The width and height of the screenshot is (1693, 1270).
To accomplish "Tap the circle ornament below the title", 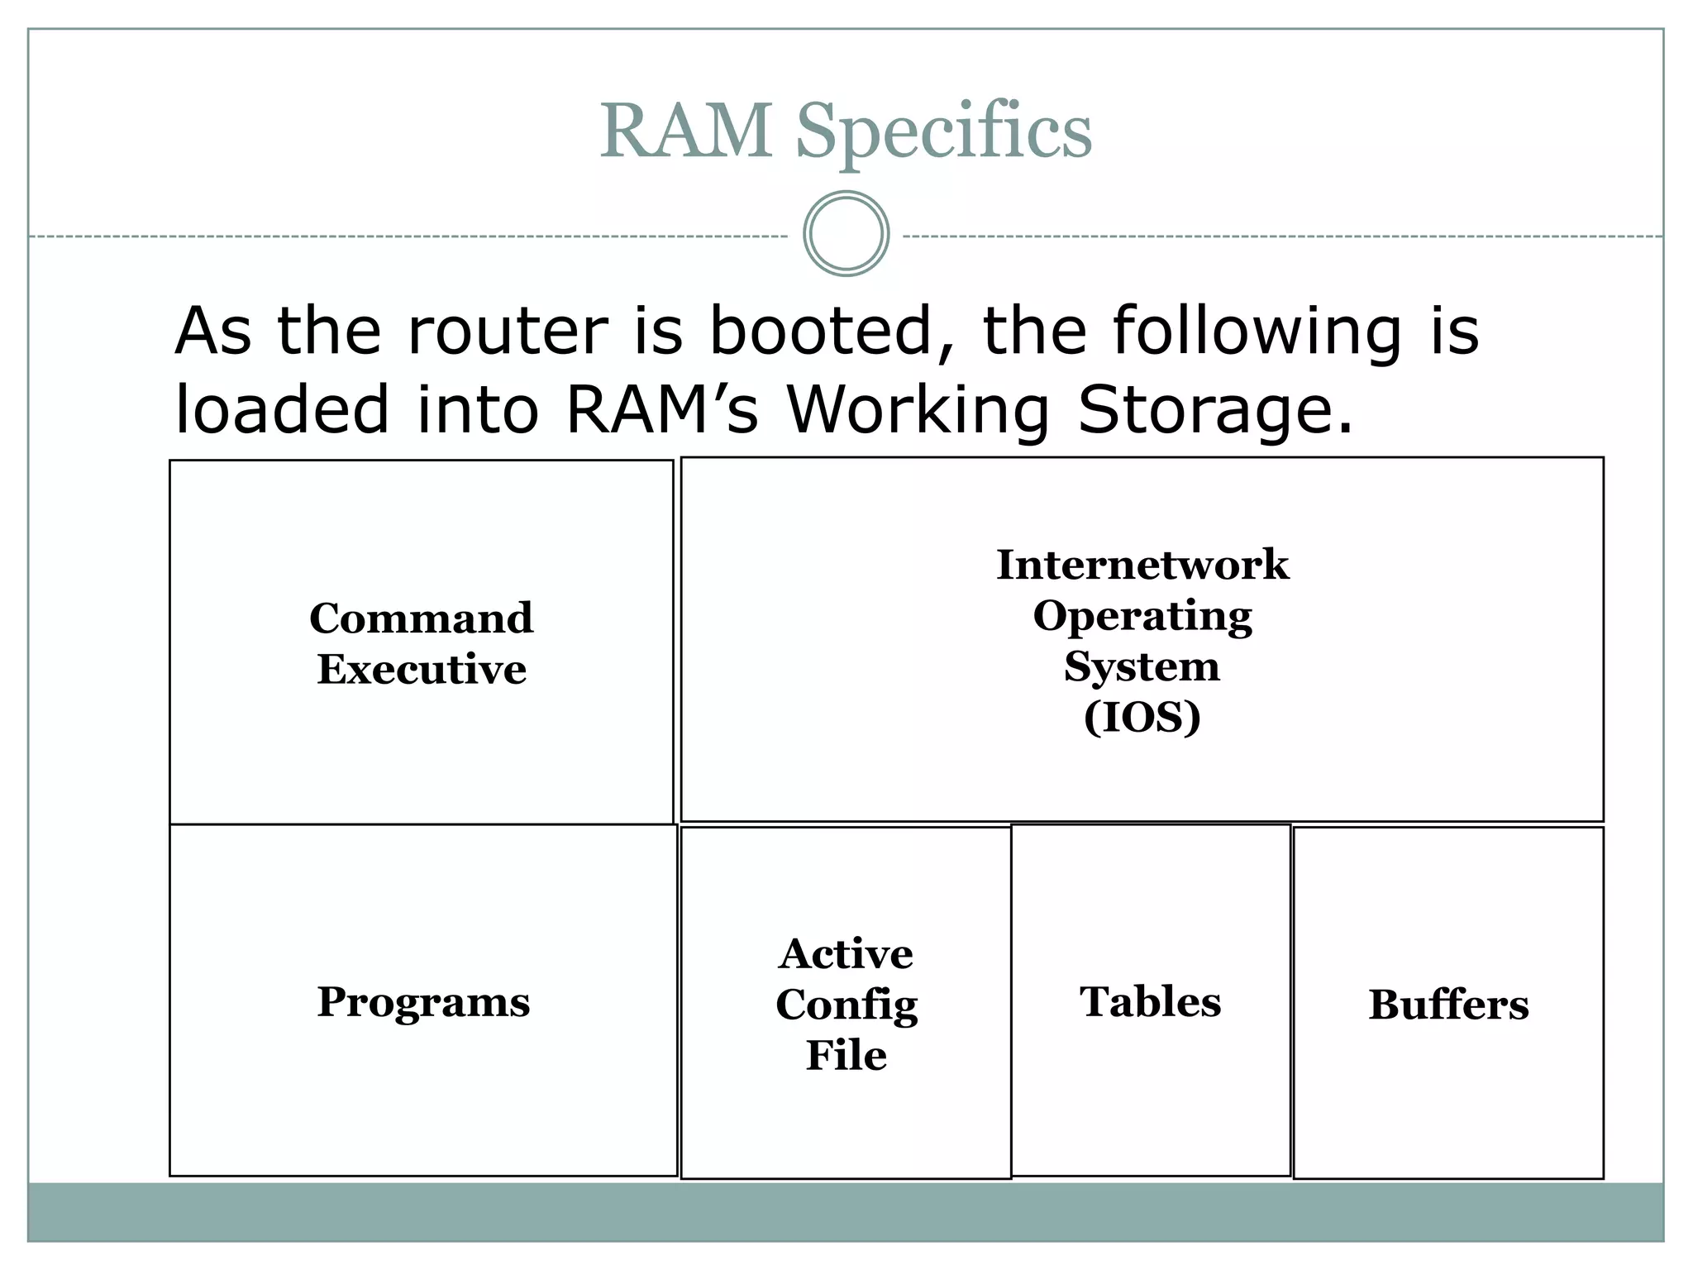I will point(846,233).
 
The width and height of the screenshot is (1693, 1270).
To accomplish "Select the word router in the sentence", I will point(507,331).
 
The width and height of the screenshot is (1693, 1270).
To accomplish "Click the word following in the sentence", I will point(1257,332).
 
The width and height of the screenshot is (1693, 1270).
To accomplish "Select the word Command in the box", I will point(422,618).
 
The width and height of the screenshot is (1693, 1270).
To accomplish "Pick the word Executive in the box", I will point(422,669).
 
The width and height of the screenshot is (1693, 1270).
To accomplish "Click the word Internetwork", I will point(1142,565).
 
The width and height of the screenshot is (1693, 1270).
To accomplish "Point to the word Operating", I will point(1142,616).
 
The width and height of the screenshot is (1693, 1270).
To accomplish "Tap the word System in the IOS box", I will point(1142,666).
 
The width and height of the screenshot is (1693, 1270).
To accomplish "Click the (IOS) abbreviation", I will point(1142,717).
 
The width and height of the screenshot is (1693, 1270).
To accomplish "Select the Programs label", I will point(423,1001).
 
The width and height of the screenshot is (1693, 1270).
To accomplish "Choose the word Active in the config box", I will point(846,953).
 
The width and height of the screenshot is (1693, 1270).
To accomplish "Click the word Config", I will point(846,1005).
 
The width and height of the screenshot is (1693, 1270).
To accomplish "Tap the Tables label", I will point(1150,1001).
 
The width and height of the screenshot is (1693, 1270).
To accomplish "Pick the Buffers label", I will point(1448,1005).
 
